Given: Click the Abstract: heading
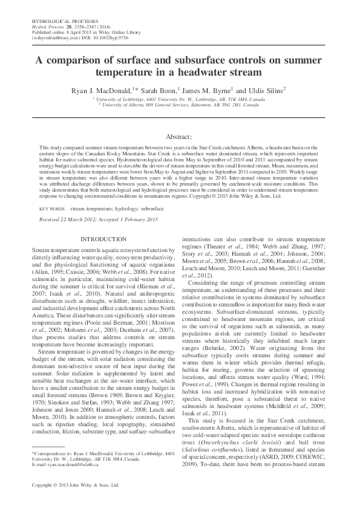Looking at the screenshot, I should tap(179, 138).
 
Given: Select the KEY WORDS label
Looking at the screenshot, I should tap(52, 208).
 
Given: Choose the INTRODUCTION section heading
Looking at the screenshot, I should tap(103, 240).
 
